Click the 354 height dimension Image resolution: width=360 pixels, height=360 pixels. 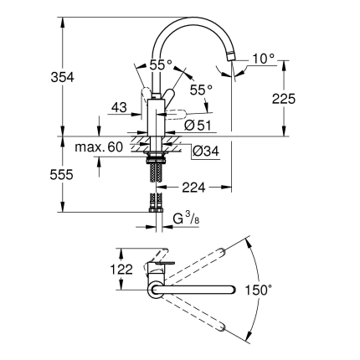pos(62,77)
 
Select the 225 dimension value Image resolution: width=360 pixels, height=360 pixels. pos(284,99)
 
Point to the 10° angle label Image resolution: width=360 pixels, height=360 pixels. pos(264,59)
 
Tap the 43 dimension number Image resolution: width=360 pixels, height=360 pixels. pos(119,107)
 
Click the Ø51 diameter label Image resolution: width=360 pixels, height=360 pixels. pos(198,126)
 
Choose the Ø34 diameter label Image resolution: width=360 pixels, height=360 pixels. pos(206,152)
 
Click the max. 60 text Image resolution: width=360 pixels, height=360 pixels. pos(99,147)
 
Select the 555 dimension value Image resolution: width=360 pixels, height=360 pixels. pos(61,175)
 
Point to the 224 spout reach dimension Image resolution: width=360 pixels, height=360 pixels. pos(193,188)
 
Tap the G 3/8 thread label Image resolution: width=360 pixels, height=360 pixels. pos(186,219)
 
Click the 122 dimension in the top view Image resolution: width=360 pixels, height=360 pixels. pos(121,270)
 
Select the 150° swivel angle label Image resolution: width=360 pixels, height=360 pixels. pos(259,290)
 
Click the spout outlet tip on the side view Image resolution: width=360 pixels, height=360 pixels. pos(231,56)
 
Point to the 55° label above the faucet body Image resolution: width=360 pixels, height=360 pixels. pos(161,65)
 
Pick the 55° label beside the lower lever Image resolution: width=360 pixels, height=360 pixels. pos(201,90)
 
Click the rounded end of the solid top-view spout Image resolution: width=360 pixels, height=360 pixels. pos(232,290)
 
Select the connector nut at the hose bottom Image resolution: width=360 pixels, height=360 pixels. pos(156,209)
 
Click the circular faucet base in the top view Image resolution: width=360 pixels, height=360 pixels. pos(154,290)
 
